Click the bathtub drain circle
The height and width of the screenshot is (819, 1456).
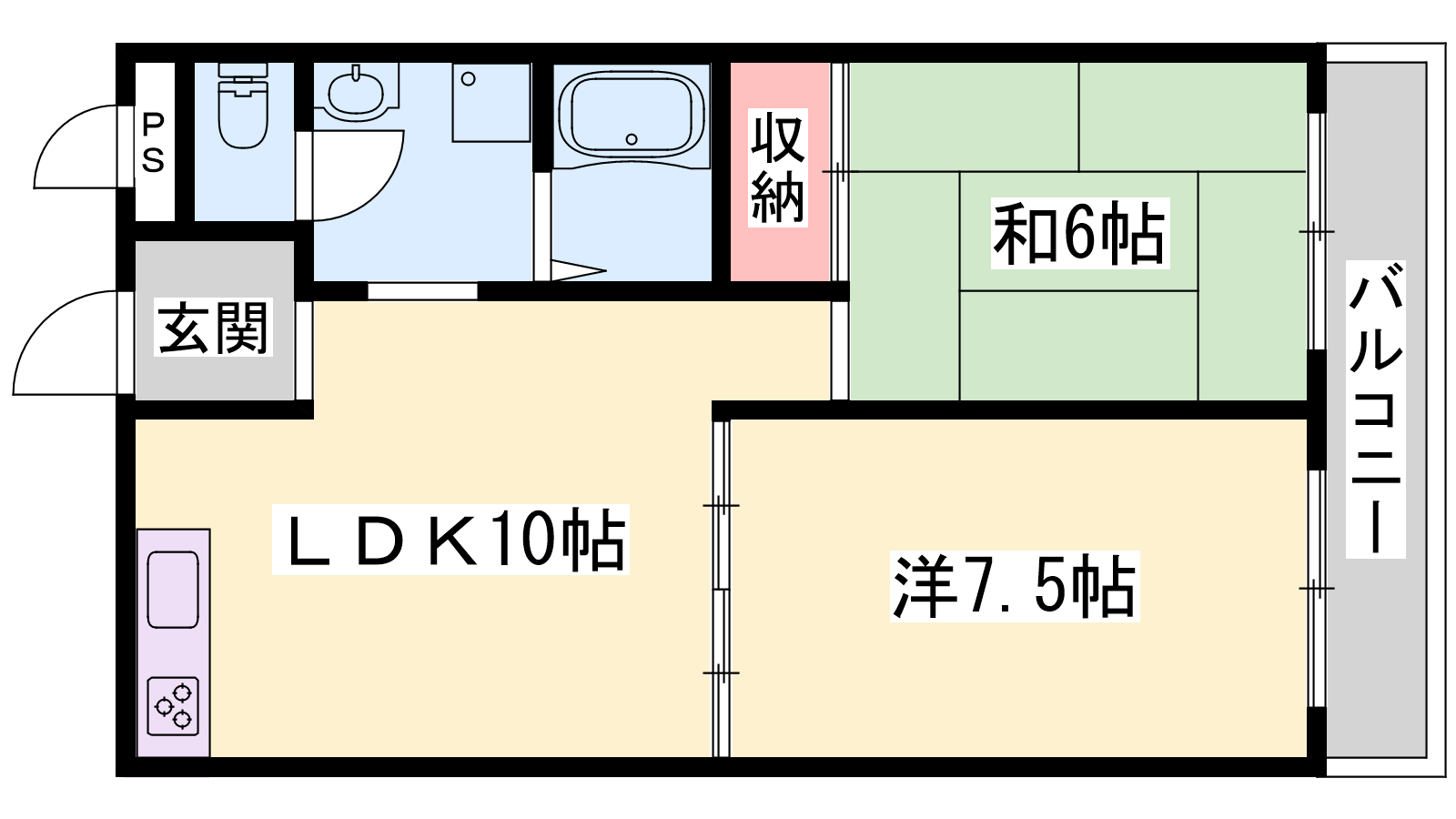(x=632, y=138)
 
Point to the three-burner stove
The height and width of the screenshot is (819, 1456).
(x=173, y=706)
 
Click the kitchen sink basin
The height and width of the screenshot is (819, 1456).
(x=173, y=590)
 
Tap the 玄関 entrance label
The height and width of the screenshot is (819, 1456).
(x=213, y=328)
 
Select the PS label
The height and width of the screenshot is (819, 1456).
(x=153, y=142)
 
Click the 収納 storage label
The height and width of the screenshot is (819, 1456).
(x=777, y=167)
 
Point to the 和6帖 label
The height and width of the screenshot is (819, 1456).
(x=1079, y=233)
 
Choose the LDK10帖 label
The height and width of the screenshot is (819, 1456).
(x=450, y=539)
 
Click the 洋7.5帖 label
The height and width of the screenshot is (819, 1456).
(x=1015, y=586)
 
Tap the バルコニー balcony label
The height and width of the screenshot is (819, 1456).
(x=1375, y=409)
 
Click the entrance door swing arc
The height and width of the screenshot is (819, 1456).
(x=42, y=319)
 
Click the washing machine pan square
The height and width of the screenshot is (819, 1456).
(x=490, y=102)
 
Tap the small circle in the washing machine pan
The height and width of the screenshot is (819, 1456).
(x=468, y=79)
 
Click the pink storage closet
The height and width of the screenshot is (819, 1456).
(x=780, y=172)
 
